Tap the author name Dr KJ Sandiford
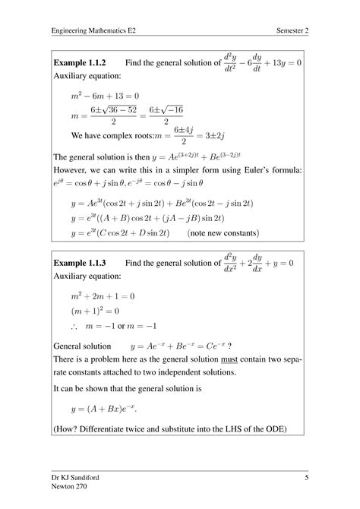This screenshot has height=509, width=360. (x=81, y=477)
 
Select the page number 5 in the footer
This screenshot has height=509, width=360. (x=306, y=477)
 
